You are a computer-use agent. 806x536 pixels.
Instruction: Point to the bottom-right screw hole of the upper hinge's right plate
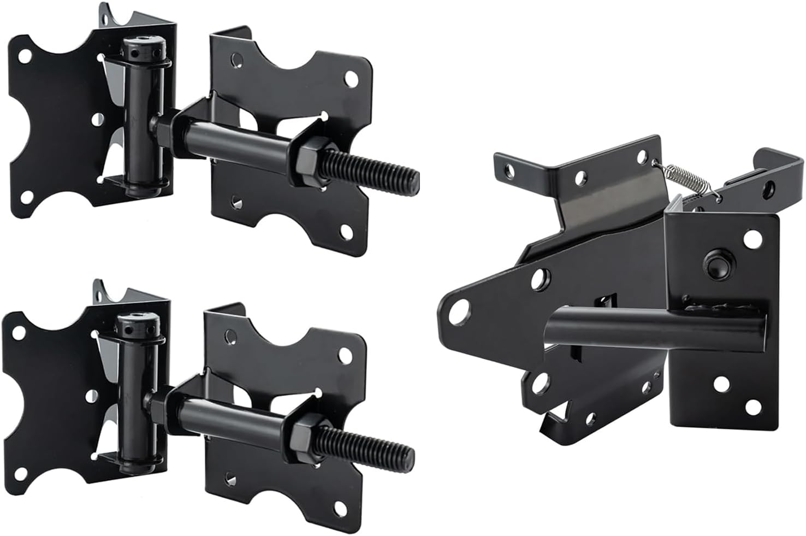tap(346, 234)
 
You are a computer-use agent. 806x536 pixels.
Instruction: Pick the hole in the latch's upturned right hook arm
tap(769, 189)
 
